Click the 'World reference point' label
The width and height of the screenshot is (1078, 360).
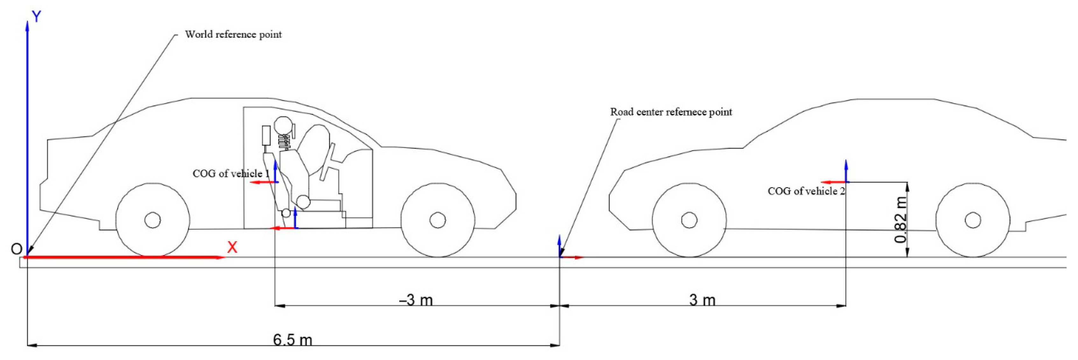233,34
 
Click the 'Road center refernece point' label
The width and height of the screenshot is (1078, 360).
671,112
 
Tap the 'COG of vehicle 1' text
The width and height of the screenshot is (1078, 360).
231,174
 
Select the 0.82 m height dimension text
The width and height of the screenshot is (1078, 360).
901,220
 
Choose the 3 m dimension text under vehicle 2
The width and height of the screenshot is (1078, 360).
702,300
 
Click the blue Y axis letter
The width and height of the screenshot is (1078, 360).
37,17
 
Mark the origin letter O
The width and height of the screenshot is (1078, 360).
16,249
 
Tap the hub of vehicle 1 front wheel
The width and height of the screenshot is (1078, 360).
438,220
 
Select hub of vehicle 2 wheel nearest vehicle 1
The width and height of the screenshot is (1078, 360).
689,220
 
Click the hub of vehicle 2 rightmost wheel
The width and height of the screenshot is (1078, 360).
973,220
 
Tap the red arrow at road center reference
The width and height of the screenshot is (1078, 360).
572,257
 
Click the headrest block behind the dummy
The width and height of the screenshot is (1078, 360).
266,135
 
